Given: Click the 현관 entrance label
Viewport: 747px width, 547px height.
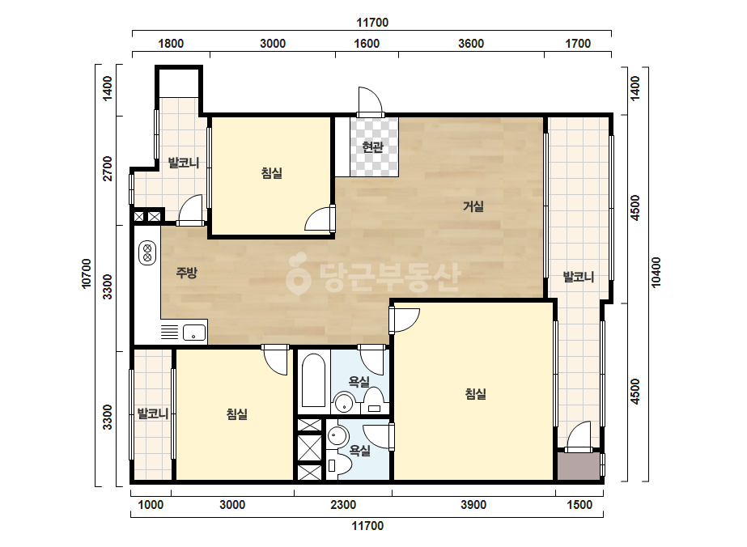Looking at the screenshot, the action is tap(372, 147).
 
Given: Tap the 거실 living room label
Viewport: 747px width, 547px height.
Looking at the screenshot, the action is tap(473, 206).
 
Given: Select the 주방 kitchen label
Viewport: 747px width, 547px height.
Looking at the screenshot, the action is tap(186, 273).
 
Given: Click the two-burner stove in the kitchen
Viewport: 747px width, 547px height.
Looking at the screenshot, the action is tap(147, 252).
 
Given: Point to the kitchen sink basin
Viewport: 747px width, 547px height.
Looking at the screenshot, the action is tap(194, 332).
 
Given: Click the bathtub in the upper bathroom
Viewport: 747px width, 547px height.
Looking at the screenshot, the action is tap(313, 380).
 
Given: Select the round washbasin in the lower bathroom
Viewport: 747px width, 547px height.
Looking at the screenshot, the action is tap(337, 435).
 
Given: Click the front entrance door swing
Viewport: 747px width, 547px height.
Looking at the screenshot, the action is tap(371, 101).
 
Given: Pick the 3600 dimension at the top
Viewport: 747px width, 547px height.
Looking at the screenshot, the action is tap(471, 44).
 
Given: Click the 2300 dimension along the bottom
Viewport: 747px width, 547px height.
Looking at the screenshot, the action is tap(343, 505).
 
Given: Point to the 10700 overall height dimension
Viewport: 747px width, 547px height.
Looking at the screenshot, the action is tap(87, 273).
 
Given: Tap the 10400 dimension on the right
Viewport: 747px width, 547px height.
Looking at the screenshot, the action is tap(656, 272).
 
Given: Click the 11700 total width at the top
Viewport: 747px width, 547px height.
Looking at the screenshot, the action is tap(372, 23).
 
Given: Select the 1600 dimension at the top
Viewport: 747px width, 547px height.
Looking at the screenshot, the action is tap(367, 44).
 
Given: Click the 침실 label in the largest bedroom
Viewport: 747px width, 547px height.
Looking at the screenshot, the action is tap(475, 394).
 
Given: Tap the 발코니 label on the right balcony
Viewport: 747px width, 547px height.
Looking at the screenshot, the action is tap(579, 277).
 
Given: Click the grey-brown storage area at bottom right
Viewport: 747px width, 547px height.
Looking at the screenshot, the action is tap(579, 466).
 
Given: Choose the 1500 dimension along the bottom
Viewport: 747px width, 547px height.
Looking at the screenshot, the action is tap(579, 505).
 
